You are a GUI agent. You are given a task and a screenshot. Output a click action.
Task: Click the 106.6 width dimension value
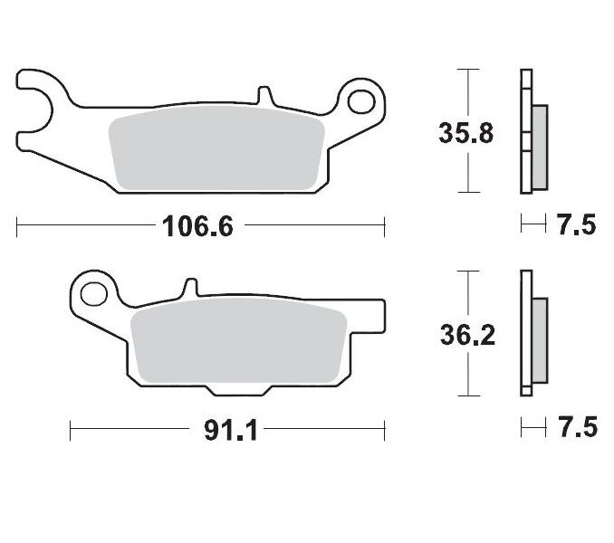click(197, 225)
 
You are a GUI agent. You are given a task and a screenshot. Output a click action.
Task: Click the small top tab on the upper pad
click(264, 95)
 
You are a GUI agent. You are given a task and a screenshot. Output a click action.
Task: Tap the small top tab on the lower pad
click(190, 289)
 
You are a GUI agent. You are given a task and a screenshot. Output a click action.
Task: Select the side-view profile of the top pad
click(532, 132)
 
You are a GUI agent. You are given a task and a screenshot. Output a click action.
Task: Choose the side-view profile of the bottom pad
click(532, 334)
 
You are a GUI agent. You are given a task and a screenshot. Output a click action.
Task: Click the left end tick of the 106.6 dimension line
click(17, 225)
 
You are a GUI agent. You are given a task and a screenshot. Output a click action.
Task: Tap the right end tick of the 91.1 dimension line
click(385, 430)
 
